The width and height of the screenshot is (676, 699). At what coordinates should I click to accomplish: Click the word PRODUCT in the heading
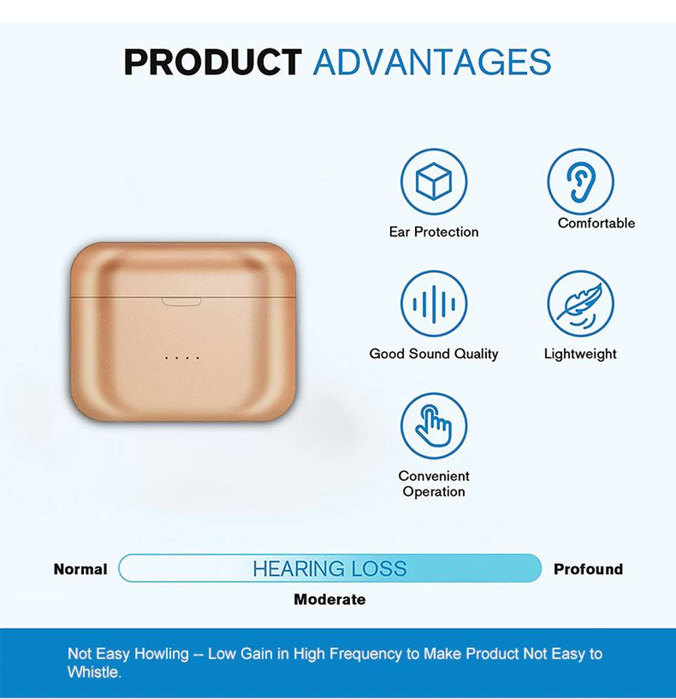pos(213,61)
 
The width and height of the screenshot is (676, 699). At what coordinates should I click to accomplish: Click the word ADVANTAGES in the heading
pos(433,61)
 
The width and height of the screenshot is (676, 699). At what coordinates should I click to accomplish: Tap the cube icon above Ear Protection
pos(434,182)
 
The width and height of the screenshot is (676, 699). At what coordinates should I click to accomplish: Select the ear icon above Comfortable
pos(581,182)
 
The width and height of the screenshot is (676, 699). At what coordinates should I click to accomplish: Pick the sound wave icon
pos(434,304)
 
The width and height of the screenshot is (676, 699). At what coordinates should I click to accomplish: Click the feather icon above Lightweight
pos(581,304)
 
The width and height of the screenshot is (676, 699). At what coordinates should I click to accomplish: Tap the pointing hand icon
pos(434,425)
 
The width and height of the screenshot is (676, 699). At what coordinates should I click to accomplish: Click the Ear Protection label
pos(434,232)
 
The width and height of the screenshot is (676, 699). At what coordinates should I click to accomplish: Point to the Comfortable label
pos(596,223)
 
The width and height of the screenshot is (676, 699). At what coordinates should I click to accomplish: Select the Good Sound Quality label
pos(434,354)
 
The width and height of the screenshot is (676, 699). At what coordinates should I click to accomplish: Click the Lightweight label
pos(580,354)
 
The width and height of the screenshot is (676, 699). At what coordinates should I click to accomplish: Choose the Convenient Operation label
pos(434,484)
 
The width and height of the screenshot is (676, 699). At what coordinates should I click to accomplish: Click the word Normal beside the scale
pos(80,569)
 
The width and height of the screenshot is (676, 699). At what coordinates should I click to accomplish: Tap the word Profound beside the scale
pos(588,569)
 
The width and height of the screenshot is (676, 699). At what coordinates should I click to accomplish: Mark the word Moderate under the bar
pos(330,600)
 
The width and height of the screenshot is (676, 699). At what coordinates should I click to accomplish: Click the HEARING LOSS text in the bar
pos(330,569)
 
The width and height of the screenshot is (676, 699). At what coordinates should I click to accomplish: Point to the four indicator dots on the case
pos(182,358)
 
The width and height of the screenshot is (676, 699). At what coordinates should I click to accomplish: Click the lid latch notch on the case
pos(181,302)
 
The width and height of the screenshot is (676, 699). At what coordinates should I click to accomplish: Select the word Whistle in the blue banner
pos(94,672)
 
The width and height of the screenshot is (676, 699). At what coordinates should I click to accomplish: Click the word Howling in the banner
pos(162,654)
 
